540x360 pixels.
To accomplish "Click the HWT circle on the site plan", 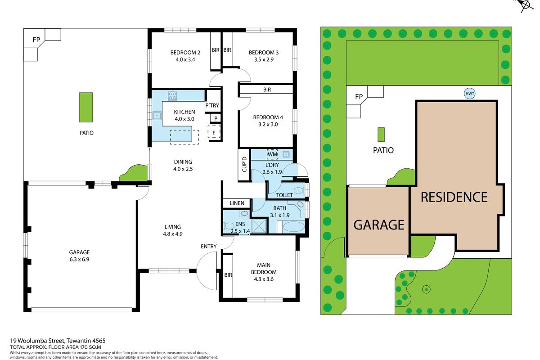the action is pos(470,94).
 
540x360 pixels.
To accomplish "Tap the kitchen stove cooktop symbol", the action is pos(172,96).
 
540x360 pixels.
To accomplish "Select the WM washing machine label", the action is pos(272,154).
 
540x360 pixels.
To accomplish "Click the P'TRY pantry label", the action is pos(212,105).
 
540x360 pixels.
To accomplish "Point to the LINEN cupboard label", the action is pos(237,203).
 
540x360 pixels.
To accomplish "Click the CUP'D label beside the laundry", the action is pos(244,164).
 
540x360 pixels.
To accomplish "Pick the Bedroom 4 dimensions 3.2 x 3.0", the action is pos(268,124).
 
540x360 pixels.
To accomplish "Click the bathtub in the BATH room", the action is pos(293,227).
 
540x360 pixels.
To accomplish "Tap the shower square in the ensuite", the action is pos(259,226).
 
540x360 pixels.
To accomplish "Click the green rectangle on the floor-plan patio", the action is pos(86,107).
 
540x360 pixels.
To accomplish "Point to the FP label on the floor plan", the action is pos(36,40).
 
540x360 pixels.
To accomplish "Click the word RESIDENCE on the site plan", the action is pos(454,197).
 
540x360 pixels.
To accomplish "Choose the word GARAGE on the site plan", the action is pos(379,225).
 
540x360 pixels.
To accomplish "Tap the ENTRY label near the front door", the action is pos(208,246).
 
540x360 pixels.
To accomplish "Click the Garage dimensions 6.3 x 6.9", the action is pos(79,259).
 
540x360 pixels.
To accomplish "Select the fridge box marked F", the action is pos(214,132).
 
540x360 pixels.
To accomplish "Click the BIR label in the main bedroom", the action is pos(228,275).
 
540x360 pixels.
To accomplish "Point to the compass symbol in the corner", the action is pos(526,5).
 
